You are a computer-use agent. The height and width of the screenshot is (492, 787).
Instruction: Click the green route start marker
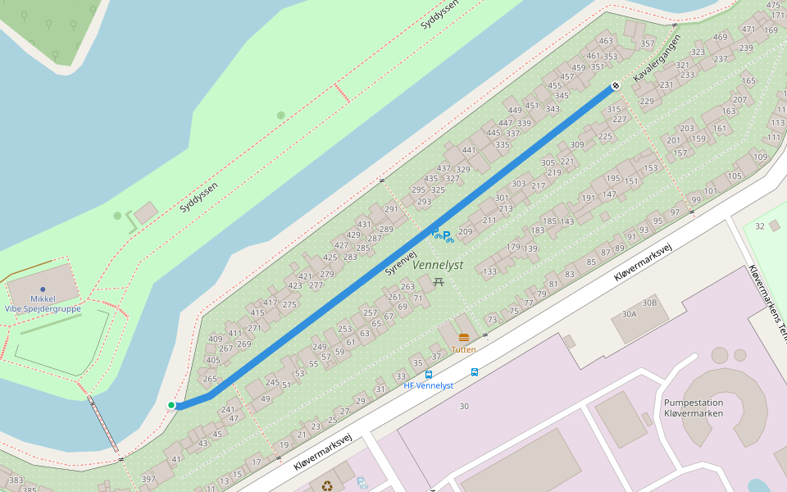coord(171,405)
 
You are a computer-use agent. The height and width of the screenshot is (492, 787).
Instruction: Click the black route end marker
coord(616,86)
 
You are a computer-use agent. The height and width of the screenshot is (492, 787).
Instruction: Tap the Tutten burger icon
coord(464,337)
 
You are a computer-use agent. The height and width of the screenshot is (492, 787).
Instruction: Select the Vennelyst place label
coord(438,266)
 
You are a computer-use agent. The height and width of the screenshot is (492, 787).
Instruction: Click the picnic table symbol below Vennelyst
coord(439,282)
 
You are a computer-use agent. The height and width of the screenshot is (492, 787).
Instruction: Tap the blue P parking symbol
coord(448,237)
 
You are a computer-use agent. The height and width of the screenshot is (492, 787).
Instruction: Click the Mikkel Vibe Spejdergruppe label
coord(42,303)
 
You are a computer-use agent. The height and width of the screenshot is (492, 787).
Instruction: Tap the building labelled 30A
coord(630,314)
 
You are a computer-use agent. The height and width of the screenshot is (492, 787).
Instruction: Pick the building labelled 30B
coord(649,303)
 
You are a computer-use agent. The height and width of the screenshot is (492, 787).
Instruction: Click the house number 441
coord(469,150)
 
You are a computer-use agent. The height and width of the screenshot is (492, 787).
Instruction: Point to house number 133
coord(490,271)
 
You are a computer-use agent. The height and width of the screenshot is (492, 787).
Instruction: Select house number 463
coord(606,41)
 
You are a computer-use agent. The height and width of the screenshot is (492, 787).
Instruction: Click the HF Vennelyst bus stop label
coord(429,385)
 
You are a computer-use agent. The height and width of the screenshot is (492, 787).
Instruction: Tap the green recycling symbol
coord(327,485)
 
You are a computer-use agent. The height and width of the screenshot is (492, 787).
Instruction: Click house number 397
coord(148,479)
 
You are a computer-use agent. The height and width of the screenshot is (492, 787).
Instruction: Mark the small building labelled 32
coord(760,226)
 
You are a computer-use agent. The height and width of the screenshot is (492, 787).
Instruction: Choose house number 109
coord(760,157)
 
